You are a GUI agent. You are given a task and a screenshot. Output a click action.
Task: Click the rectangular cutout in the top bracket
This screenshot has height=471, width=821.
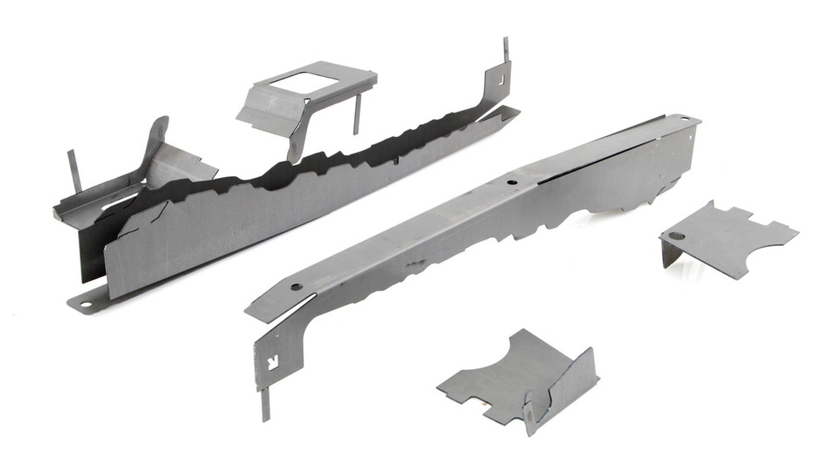click(x=298, y=82)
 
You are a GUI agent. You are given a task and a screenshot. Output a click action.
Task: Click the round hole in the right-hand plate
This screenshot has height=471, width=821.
click(x=675, y=237)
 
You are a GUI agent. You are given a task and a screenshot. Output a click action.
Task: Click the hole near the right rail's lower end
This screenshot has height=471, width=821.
click(x=296, y=286)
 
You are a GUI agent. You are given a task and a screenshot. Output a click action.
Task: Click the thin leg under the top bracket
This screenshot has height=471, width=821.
click(x=356, y=113)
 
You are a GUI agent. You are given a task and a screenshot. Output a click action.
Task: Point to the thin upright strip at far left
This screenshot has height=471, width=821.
click(x=74, y=171)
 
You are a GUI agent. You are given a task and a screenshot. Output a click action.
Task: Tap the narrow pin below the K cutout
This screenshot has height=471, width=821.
click(x=265, y=405)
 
